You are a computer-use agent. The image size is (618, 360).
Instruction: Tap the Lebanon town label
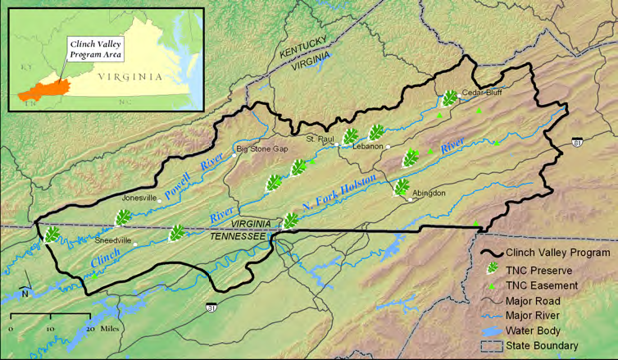point(368,146)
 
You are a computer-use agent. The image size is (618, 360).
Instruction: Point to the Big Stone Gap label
point(262,148)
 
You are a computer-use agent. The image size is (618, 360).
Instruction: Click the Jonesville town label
point(139,198)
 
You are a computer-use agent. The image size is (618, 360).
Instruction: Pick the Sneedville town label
point(113,240)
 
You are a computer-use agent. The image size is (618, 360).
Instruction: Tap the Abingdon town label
point(429,193)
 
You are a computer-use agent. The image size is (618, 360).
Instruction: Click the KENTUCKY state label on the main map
point(303,52)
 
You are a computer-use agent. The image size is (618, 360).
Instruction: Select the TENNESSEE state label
point(239,235)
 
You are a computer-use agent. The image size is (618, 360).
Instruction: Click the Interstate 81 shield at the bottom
point(211,308)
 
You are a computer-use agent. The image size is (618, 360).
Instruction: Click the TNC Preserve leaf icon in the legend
point(493,269)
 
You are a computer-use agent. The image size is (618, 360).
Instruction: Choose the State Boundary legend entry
point(542,346)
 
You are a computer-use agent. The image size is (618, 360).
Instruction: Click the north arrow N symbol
point(25,293)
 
